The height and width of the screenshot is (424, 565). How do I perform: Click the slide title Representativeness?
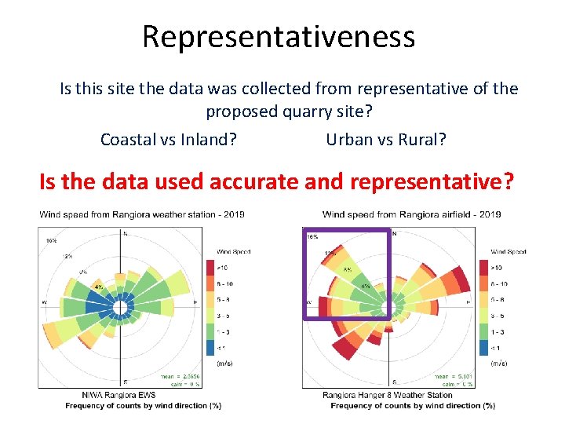coord(279,36)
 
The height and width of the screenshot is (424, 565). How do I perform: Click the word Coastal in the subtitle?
coord(127,140)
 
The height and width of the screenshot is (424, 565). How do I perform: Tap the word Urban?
coord(349,140)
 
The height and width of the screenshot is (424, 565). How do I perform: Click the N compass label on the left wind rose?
coord(126,233)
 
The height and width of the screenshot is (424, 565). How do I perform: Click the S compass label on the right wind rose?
coord(393,382)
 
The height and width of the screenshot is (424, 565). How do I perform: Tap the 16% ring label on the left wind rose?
coord(50,240)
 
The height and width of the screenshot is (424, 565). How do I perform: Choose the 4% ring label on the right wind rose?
coord(366,287)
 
